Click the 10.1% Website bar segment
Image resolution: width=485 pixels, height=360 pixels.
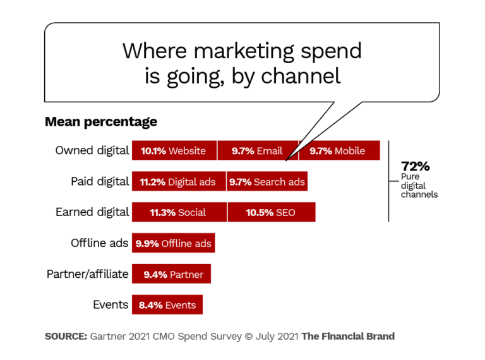pos(174,151)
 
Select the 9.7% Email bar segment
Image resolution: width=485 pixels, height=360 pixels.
pos(257,151)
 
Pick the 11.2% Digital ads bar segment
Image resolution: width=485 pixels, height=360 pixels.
pos(178,182)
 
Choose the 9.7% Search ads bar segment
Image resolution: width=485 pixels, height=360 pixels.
pos(266,182)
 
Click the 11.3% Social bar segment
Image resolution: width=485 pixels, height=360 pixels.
pos(178,212)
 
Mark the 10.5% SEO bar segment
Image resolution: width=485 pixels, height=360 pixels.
pos(271,212)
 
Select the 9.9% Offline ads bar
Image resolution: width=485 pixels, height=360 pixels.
pos(173,243)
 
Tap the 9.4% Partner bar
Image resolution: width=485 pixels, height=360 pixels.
pos(171,274)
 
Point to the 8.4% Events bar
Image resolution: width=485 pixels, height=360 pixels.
pos(167,305)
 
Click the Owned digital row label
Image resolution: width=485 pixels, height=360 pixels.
pos(92,151)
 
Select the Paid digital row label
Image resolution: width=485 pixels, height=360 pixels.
pos(100,182)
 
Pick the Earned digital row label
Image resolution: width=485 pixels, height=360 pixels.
pos(92,212)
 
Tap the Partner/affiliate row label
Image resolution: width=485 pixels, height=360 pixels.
pos(88,274)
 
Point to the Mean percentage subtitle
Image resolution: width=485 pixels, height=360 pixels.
pos(101,122)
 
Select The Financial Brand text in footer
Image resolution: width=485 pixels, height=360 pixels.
pos(348,337)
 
